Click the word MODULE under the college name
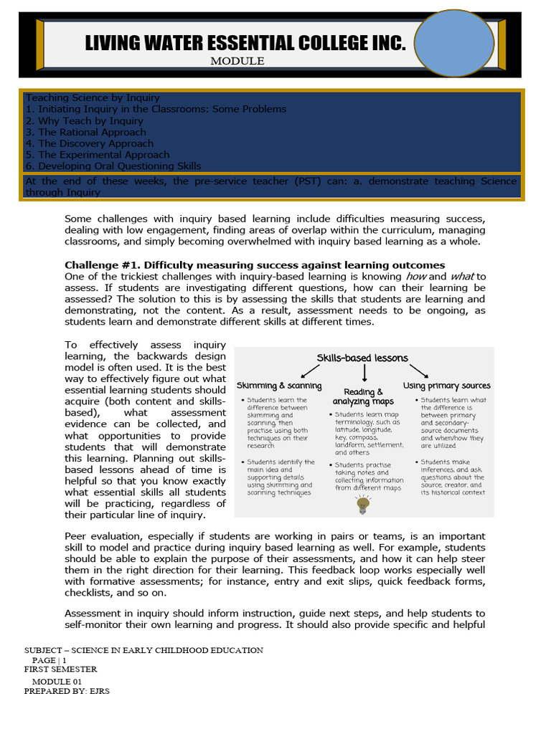tap(237, 62)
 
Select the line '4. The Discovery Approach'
tap(89, 143)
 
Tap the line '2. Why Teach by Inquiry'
tap(84, 120)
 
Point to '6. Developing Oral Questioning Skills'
tap(113, 166)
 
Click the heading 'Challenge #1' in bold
tap(255, 265)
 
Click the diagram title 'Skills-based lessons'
tap(362, 358)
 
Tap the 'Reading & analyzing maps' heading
tap(363, 396)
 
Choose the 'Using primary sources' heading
tap(447, 386)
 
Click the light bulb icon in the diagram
tap(364, 505)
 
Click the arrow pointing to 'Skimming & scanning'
tap(311, 370)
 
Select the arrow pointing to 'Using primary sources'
tap(418, 370)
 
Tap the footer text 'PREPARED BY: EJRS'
tap(67, 691)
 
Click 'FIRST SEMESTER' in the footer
tap(60, 669)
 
